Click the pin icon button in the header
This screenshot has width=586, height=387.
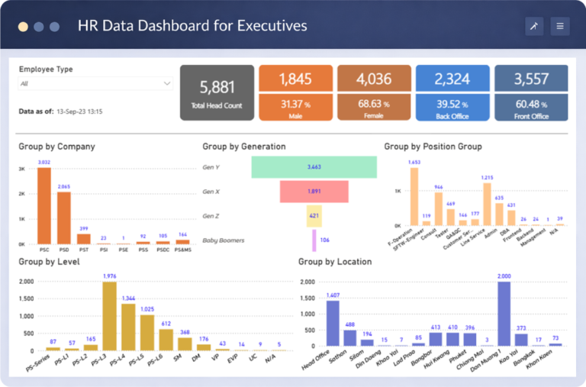[x=534, y=26]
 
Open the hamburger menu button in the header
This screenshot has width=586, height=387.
[x=560, y=26]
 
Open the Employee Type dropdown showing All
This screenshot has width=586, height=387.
[x=95, y=84]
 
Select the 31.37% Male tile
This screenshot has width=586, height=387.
[x=295, y=107]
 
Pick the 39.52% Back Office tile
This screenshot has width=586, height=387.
[x=452, y=107]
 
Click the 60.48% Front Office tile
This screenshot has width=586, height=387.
[x=531, y=107]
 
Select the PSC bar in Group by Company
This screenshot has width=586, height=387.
[x=44, y=205]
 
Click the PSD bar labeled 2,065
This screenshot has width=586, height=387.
[x=64, y=218]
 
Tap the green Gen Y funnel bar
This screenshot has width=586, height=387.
[x=314, y=166]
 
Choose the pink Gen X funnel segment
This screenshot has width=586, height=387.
[x=314, y=192]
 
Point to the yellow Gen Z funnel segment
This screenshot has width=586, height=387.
[x=314, y=216]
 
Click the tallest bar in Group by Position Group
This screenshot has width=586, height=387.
[x=414, y=196]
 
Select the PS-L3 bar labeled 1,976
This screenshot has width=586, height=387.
[x=109, y=315]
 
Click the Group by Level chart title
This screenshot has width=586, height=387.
[x=47, y=262]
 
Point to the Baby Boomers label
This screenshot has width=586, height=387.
[x=224, y=240]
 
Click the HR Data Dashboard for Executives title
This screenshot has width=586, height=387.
[x=192, y=26]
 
